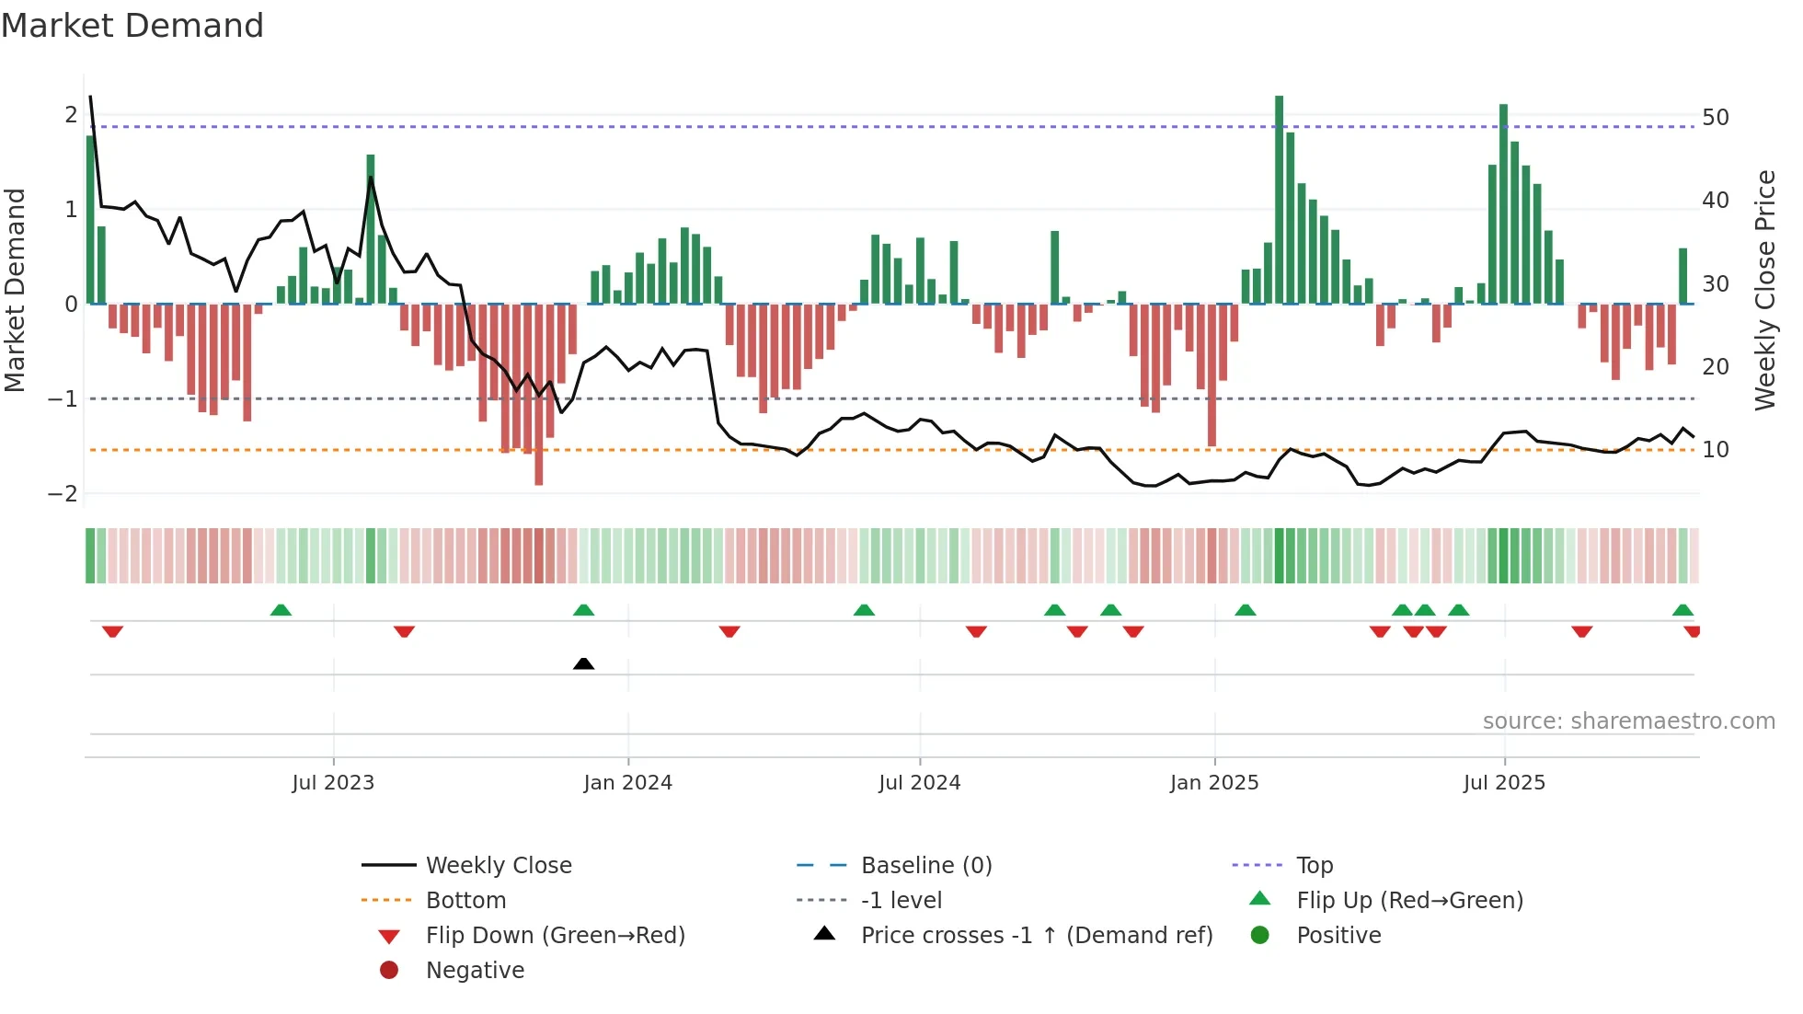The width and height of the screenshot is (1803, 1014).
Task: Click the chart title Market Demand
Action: click(x=132, y=26)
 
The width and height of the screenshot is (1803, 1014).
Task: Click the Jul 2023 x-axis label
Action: click(x=333, y=783)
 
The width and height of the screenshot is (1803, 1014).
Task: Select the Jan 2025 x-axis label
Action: click(x=1214, y=783)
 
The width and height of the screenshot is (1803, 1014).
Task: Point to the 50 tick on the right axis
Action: click(x=1715, y=118)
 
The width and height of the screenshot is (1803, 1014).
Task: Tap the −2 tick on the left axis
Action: click(x=63, y=494)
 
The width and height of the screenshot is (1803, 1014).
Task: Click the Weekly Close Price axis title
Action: click(x=1764, y=290)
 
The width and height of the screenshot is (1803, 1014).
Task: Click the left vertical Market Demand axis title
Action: click(x=15, y=290)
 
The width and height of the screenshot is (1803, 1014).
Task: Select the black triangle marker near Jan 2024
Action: click(x=583, y=663)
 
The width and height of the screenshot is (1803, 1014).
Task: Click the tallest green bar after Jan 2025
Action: click(x=1279, y=198)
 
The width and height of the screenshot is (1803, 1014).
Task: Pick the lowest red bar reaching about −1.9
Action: click(x=538, y=396)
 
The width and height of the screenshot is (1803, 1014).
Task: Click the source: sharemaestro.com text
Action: click(x=1628, y=721)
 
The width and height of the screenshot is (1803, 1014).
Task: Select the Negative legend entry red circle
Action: click(x=389, y=971)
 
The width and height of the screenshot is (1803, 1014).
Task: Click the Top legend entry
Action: click(x=1314, y=866)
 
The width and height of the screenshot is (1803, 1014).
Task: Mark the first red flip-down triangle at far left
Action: click(x=112, y=631)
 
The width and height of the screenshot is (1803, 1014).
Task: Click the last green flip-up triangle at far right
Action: click(x=1682, y=610)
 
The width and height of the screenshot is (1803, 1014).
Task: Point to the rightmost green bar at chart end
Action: click(x=1682, y=276)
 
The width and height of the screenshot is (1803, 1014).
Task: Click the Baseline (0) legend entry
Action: click(x=925, y=866)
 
